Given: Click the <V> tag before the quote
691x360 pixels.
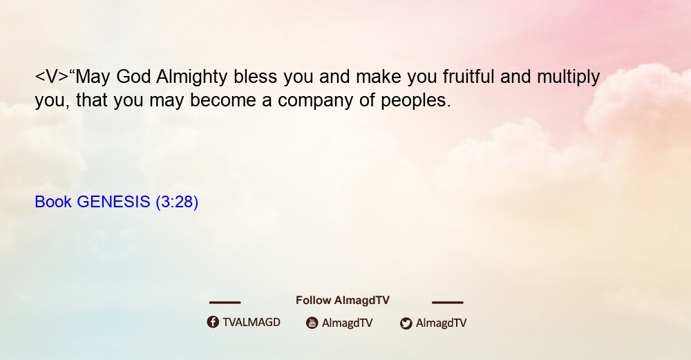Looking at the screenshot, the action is pos(52,77).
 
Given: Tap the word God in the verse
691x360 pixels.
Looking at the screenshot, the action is pos(133,77).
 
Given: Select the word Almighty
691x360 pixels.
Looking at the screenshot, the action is pos(191,77).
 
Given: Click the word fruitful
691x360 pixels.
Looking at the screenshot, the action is pos(468,76).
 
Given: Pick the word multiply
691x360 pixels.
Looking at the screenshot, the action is pos(568,77).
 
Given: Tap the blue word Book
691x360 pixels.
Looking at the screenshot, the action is pos(53,202).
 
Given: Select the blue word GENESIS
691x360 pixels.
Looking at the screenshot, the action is pos(113,202).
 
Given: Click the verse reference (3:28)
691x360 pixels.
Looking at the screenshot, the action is pos(177,202).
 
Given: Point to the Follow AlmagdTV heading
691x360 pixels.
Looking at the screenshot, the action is pos(343,301).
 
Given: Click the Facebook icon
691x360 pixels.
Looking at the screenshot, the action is pos(213,322).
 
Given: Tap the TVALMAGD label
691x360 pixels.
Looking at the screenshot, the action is pos(252,323).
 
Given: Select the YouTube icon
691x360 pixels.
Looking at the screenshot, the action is pos(312,323).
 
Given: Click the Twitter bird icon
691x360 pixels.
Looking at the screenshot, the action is pos(406,323).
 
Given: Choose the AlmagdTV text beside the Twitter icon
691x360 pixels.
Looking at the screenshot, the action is pos(441,323).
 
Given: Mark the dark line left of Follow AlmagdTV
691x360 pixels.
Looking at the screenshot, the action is pos(225,302).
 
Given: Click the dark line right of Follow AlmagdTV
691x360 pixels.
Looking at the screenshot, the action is pos(448,302).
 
